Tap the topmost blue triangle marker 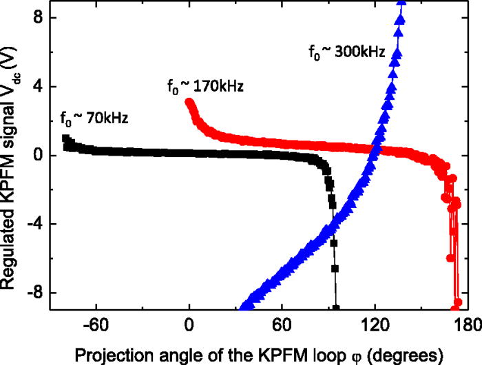401,2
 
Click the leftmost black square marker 66,138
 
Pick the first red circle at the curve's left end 189,103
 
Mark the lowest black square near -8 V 336,308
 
